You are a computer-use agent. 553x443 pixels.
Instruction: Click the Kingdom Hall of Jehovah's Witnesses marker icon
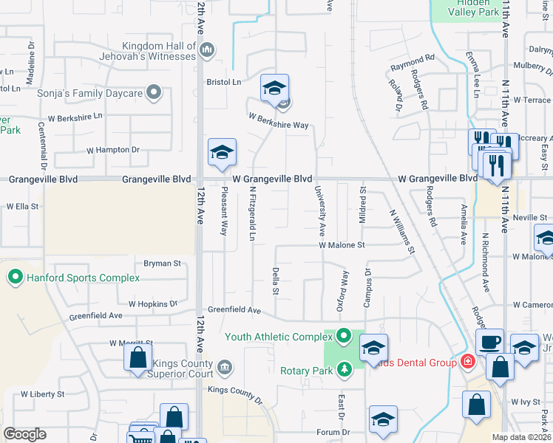(207, 50)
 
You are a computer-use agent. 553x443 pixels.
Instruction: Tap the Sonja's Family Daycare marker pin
(154, 92)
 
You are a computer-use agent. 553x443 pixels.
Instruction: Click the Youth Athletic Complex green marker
(343, 337)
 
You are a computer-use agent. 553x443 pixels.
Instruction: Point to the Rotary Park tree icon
(343, 369)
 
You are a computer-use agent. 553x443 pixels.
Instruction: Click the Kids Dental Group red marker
(467, 362)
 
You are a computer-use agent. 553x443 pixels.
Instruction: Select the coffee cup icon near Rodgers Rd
(489, 342)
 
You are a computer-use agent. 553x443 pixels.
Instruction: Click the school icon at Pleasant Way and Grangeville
(222, 153)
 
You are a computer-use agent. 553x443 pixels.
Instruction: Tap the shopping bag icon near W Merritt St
(138, 360)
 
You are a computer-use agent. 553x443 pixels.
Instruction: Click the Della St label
(275, 281)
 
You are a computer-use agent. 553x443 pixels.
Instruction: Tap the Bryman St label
(162, 263)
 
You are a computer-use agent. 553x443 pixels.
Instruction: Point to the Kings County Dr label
(234, 395)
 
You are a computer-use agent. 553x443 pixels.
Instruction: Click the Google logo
(24, 434)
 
